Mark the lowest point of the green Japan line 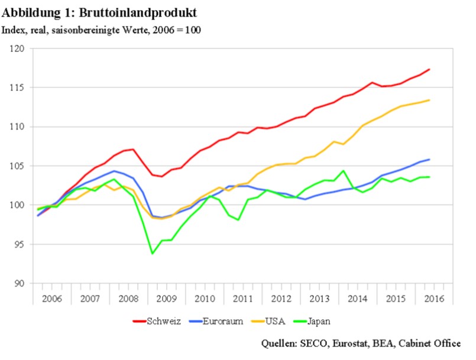[153, 254]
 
